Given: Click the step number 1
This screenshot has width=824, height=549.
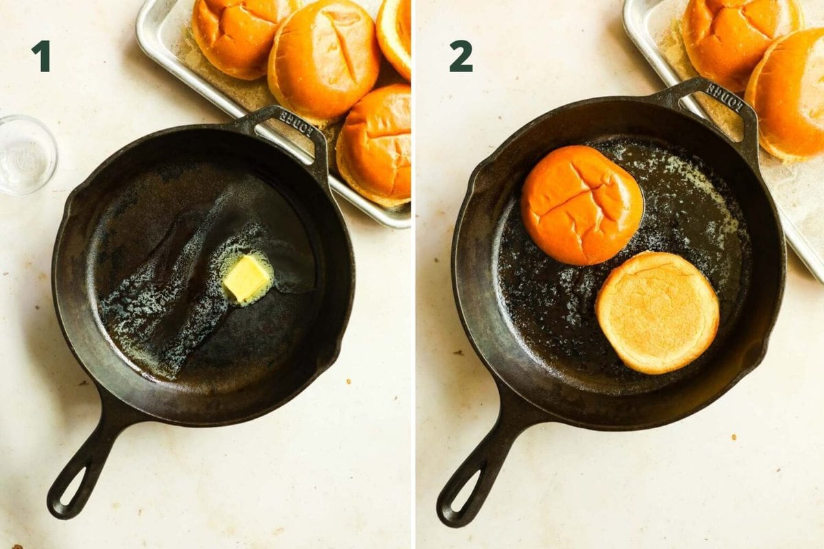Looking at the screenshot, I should [x=41, y=56].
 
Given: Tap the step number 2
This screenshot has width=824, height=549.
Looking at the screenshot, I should [x=461, y=56].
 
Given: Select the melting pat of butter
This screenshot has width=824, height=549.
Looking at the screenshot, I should [x=247, y=278].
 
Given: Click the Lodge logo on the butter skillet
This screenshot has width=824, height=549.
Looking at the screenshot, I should [x=296, y=124].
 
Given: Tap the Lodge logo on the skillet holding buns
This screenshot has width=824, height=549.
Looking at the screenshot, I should [x=724, y=98].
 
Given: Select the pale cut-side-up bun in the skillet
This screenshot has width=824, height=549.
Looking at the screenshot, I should [x=657, y=312].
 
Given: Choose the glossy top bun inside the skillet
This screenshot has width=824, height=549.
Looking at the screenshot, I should [x=582, y=205].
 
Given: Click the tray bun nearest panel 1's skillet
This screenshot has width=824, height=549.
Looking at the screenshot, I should [x=374, y=144].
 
